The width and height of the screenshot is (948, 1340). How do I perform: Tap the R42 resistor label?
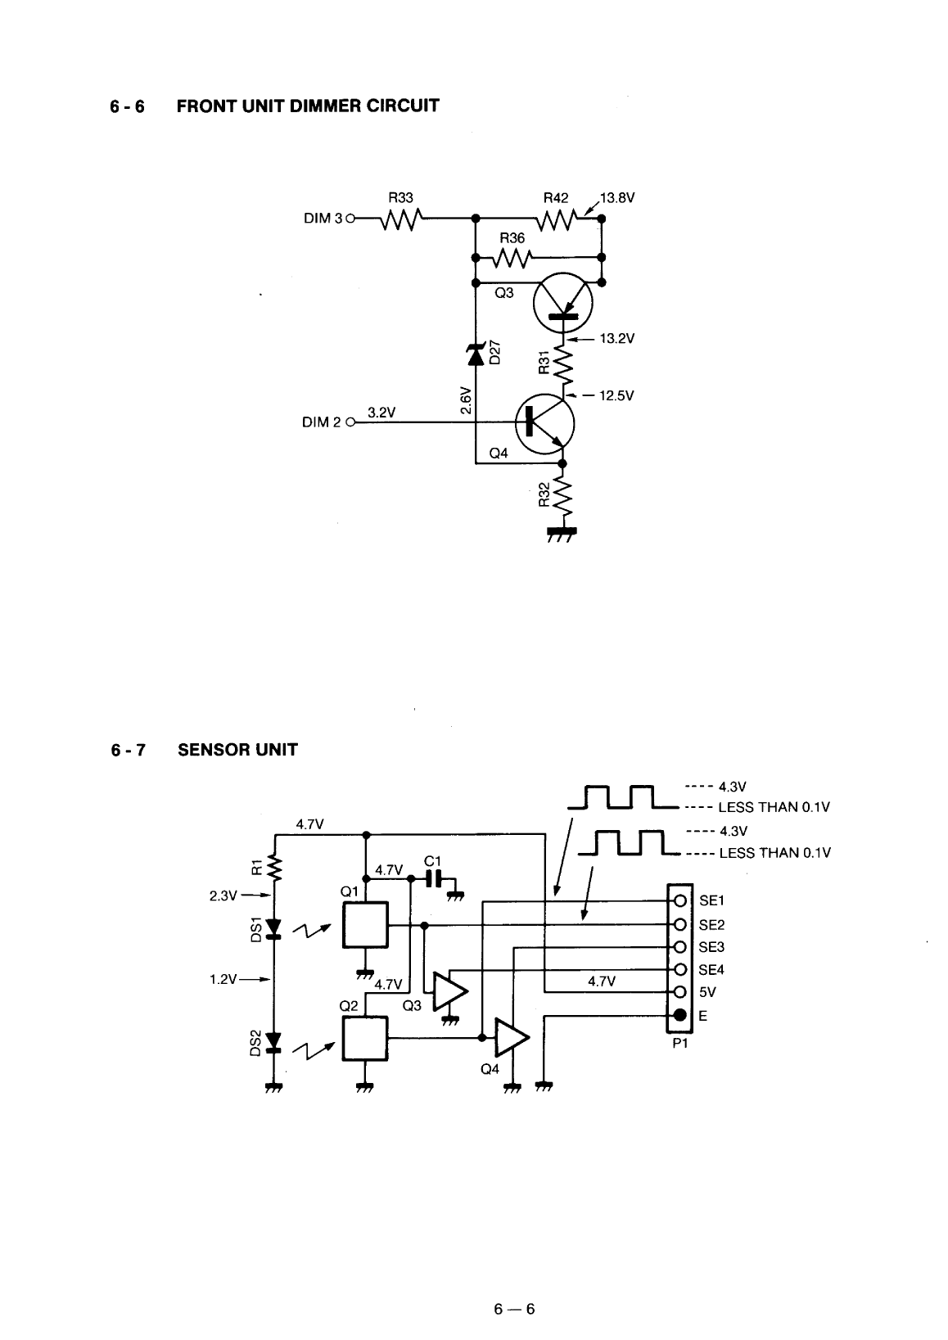[x=555, y=198]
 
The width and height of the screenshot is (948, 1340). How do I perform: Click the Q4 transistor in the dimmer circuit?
[x=544, y=424]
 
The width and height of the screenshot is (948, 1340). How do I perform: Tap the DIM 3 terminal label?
[x=323, y=219]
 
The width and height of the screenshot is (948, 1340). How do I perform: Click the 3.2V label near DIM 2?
[x=381, y=412]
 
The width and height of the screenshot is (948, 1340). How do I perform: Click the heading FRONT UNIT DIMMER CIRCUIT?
[x=308, y=106]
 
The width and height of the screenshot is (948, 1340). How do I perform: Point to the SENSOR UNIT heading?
[x=237, y=749]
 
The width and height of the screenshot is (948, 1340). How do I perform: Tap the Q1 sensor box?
[x=365, y=925]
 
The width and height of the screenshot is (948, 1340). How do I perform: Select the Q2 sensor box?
[x=365, y=1038]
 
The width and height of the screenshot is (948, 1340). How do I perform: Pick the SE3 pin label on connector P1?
[x=711, y=947]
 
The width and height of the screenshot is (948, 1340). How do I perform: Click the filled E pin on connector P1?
[x=679, y=1016]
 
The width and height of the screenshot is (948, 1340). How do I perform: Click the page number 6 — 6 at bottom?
[x=514, y=1309]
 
